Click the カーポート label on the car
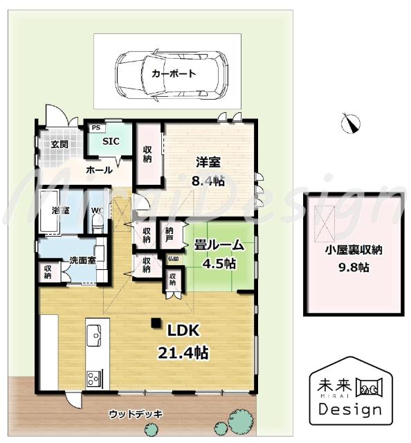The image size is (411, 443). [x=174, y=73]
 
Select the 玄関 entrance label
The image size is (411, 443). [x=60, y=145]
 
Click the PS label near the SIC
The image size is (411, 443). [x=95, y=128]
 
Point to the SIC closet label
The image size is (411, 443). [x=110, y=141]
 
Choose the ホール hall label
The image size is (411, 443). [x=100, y=170]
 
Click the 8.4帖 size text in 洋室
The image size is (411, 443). [x=208, y=181]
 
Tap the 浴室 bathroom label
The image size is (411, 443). [x=60, y=209]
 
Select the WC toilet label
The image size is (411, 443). [x=97, y=210]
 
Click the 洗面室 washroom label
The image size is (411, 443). [x=82, y=260]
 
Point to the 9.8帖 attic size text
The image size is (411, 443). [x=354, y=267]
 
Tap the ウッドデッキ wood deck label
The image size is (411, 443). [x=136, y=414]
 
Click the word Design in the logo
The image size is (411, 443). [x=349, y=408]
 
